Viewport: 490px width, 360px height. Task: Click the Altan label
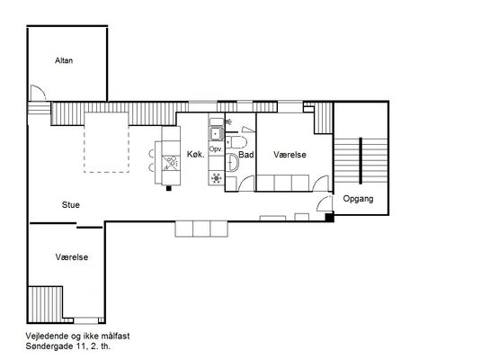(64, 60)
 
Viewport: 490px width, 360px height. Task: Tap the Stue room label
(71, 205)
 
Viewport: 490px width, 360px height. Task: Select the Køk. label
(196, 154)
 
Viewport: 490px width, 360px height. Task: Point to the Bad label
(246, 155)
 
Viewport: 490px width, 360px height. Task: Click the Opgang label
(358, 199)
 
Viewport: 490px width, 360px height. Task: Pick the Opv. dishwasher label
(216, 149)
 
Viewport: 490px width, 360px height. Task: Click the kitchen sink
(217, 134)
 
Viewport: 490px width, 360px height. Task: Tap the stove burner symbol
(217, 178)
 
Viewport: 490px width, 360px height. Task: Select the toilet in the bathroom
(236, 142)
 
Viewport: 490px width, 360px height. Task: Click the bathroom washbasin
(232, 162)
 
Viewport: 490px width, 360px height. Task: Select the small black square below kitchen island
(169, 188)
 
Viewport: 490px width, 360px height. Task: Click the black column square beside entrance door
(329, 218)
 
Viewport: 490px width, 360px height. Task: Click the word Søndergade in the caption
(49, 346)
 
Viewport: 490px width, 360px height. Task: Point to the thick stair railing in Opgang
(361, 160)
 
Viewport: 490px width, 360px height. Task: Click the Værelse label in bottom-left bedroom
(72, 257)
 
